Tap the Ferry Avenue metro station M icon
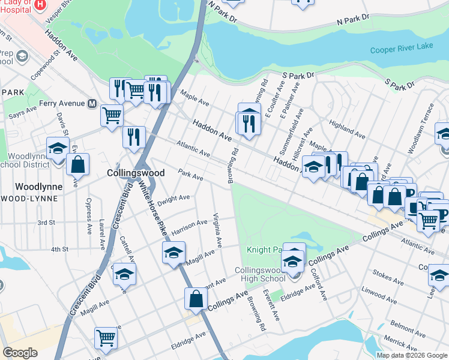(x=92, y=103)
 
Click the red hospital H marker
(x=40, y=4)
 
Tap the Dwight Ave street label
(x=175, y=198)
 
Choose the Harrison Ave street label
(x=189, y=227)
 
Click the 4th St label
(x=60, y=249)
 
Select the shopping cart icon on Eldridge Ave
(x=106, y=337)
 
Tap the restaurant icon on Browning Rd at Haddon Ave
(x=248, y=122)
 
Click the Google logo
(x=20, y=353)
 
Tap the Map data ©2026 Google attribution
(x=412, y=355)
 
